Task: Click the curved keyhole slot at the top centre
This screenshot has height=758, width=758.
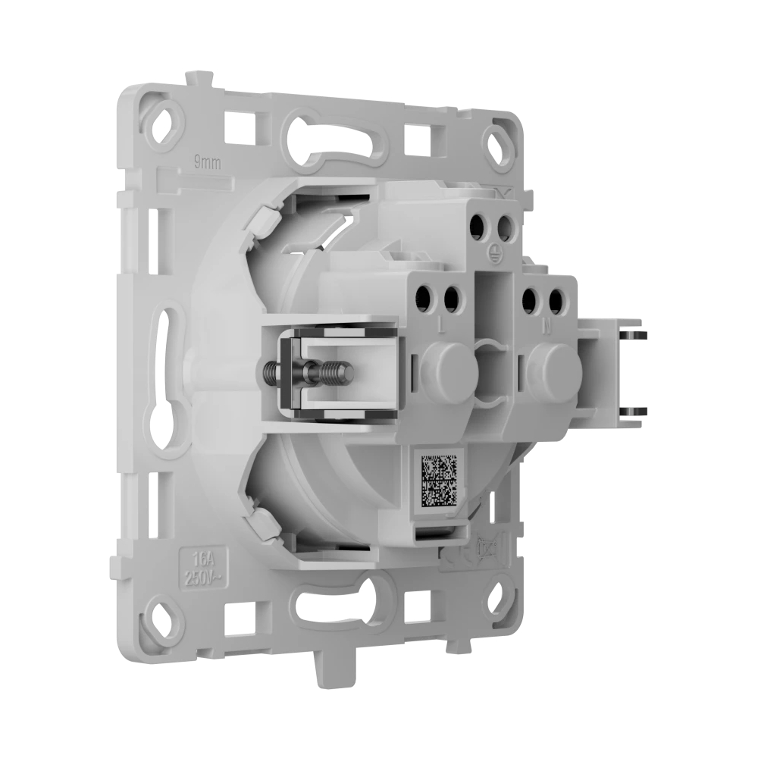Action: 340,141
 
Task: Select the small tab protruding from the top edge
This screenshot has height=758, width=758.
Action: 199,78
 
